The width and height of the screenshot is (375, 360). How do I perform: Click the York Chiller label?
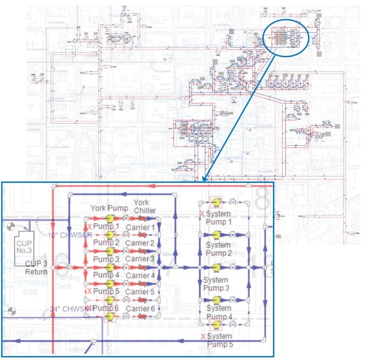[x=144, y=206]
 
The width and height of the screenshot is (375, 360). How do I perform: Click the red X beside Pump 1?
[x=89, y=227]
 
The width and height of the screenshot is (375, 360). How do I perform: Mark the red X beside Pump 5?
[x=89, y=291]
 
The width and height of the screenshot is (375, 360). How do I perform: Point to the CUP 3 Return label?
[x=37, y=268]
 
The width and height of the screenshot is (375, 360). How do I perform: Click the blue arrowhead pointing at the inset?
[x=204, y=178]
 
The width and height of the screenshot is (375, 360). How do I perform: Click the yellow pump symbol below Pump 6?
[x=109, y=316]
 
